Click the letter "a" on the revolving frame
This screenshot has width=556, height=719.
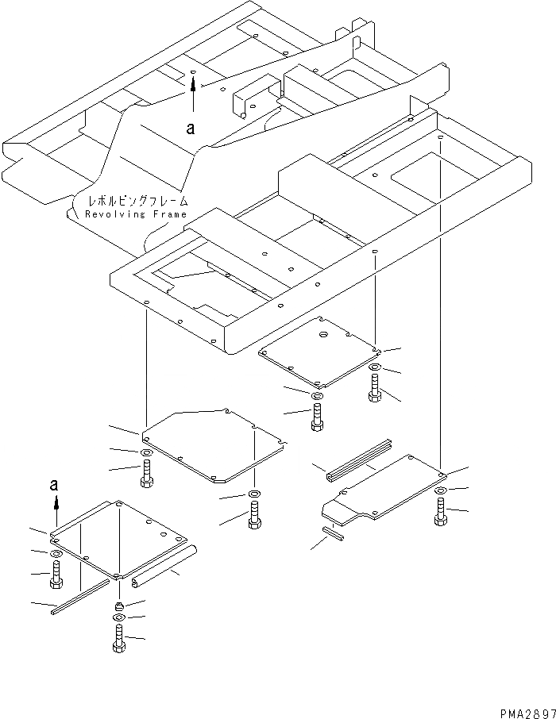click(x=190, y=127)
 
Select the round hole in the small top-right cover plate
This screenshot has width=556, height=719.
click(x=324, y=336)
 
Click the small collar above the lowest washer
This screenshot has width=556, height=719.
click(x=118, y=607)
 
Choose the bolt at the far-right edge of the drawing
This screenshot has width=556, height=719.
click(x=440, y=510)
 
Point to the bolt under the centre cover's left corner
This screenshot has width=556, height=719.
click(x=146, y=473)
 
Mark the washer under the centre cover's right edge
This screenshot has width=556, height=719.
click(x=253, y=496)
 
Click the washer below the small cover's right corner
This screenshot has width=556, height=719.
click(x=375, y=367)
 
